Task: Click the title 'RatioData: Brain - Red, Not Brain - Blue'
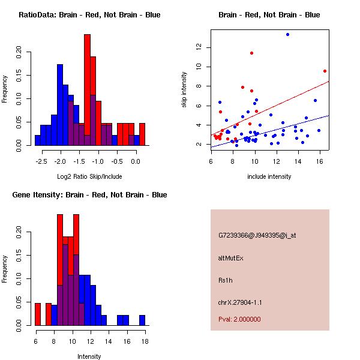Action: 89,15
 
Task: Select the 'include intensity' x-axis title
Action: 269,176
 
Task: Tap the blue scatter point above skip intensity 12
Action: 287,35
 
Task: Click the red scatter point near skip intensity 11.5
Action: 251,53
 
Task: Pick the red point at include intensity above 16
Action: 325,71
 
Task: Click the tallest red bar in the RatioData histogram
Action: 87,90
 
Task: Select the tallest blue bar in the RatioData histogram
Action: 59,104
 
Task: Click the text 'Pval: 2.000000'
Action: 239,319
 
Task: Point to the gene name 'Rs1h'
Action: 225,280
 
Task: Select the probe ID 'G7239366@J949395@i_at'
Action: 257,235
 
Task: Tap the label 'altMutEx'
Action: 230,258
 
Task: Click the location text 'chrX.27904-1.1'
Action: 240,302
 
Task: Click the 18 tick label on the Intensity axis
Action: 145,341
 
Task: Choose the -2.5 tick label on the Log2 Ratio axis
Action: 42,161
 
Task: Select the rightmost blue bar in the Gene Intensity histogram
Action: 142,320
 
